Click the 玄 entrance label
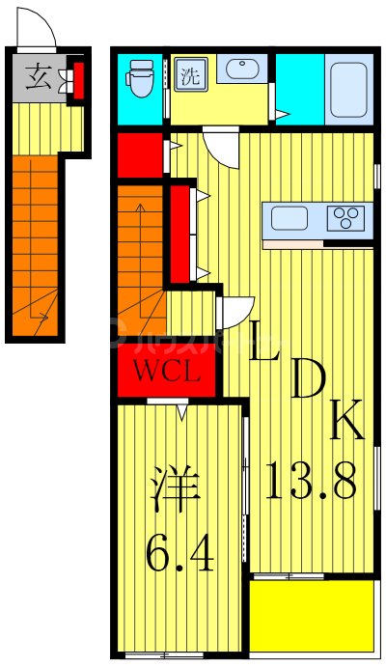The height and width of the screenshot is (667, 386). coord(38,77)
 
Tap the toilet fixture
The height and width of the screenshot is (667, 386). coord(142,80)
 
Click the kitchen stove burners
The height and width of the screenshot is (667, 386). coord(345,218)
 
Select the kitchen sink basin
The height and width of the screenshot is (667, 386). coord(288,218)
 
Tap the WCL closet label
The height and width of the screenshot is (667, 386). coord(167,371)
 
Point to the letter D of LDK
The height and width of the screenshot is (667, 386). coord(307,381)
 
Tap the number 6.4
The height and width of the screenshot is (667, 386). coord(180,554)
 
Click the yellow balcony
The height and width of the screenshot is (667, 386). coord(311,616)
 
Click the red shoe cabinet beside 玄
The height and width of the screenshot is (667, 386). coord(78,80)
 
